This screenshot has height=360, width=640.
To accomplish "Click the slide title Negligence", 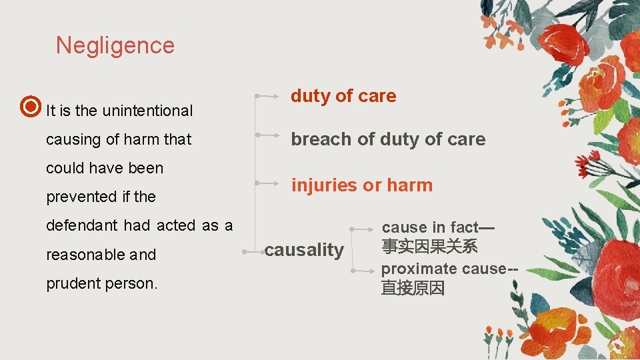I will click(x=115, y=45).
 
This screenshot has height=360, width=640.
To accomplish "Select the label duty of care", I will click(x=343, y=96).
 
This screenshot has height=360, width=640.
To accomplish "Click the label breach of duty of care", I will click(x=388, y=139).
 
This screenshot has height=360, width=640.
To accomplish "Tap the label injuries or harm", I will click(x=361, y=185).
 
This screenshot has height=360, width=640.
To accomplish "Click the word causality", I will click(x=304, y=250).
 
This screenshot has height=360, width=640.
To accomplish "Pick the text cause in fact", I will click(x=430, y=227).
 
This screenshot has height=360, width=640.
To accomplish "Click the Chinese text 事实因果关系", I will click(x=429, y=246).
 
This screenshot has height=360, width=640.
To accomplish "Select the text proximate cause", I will click(x=443, y=269).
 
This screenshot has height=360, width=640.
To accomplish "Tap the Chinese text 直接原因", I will click(x=413, y=288).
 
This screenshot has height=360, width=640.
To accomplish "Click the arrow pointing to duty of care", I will click(x=268, y=97).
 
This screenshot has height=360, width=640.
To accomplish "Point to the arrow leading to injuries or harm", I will click(x=268, y=182).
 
